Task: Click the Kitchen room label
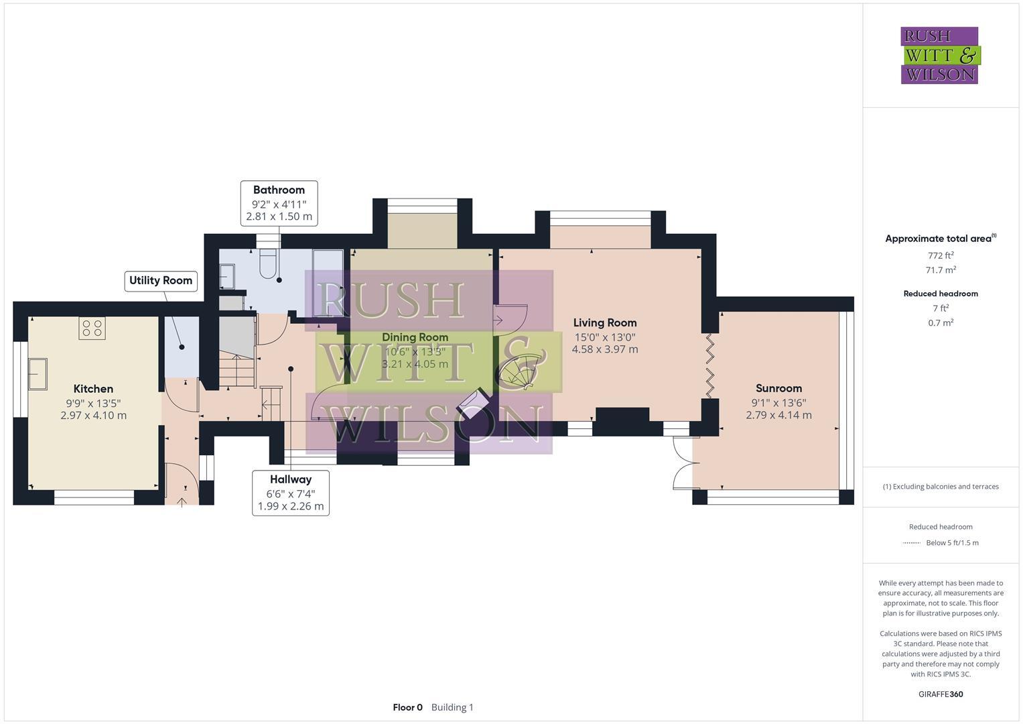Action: pos(93,389)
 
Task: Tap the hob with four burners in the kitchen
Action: pos(92,328)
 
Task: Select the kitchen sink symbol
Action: pos(38,374)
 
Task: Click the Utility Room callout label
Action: pos(161,281)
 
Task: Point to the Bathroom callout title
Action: pos(279,190)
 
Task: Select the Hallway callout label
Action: pos(291,480)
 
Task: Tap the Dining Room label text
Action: pos(415,337)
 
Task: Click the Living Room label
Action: pos(604,323)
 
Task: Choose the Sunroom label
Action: pos(778,388)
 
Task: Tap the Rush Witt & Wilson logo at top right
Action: pos(940,56)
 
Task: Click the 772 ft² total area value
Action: pos(941,255)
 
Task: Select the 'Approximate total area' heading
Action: pos(940,239)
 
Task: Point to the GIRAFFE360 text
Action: pos(941,695)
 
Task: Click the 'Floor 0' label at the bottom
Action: pos(407,707)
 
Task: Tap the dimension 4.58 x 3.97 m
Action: pos(604,349)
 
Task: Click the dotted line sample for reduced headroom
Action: pos(911,543)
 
